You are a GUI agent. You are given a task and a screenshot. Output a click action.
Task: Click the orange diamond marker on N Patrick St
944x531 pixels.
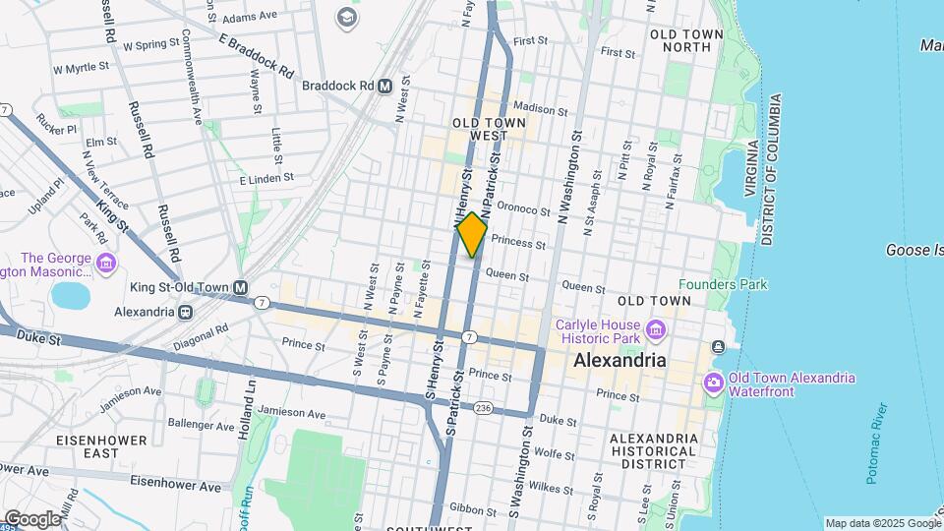point(472,235)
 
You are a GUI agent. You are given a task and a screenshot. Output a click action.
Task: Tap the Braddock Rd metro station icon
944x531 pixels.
point(385,86)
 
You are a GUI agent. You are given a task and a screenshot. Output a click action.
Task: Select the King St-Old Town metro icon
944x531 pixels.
point(240,288)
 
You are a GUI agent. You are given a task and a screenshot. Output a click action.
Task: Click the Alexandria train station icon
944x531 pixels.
point(184,311)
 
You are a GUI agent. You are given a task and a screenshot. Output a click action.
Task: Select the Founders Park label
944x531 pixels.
point(737,285)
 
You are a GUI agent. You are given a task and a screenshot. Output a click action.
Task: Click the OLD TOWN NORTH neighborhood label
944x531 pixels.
point(687,40)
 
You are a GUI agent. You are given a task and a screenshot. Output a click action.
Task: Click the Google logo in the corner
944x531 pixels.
point(31,518)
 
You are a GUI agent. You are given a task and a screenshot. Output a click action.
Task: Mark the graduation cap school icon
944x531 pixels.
point(347,17)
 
